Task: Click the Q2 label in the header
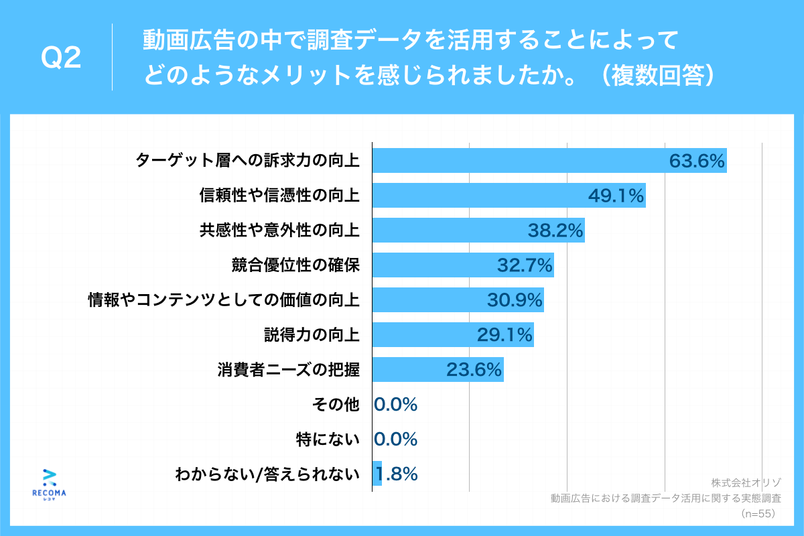(61, 58)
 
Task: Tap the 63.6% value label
(697, 161)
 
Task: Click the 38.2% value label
(555, 231)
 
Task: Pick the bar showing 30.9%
(458, 300)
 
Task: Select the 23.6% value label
(474, 370)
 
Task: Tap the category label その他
(336, 404)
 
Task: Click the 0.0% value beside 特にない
(396, 440)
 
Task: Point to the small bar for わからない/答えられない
(377, 474)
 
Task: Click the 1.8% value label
(397, 474)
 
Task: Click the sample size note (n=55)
(758, 514)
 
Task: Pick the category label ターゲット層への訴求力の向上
(247, 161)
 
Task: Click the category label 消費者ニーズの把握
(287, 370)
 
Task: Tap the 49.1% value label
(616, 196)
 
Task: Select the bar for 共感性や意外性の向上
(478, 231)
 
